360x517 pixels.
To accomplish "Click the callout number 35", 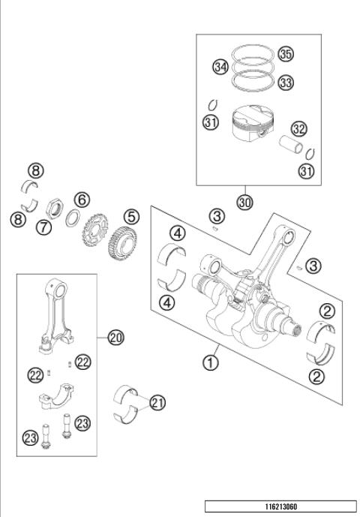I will [286, 54].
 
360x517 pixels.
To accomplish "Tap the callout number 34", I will [220, 68].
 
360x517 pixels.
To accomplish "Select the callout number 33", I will [286, 83].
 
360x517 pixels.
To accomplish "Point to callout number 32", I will [299, 128].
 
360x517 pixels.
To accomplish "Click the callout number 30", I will [244, 203].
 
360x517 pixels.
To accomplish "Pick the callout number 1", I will [211, 362].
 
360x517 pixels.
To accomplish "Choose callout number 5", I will [131, 218].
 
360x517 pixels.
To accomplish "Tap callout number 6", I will [82, 200].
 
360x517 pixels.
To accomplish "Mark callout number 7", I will [44, 227].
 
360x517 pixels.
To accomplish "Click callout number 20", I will [115, 338].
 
